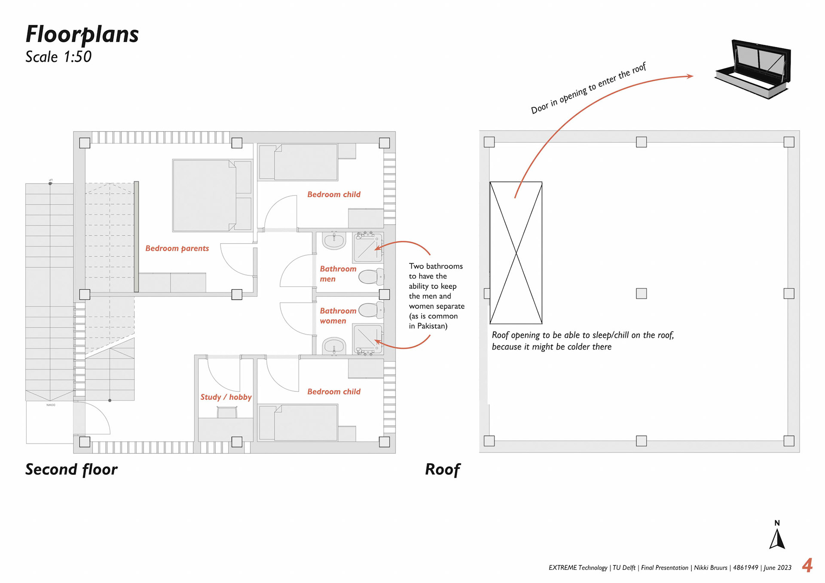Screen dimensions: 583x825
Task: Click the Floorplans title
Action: click(82, 34)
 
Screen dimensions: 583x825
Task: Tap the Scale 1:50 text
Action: click(58, 57)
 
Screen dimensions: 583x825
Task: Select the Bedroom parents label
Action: click(177, 248)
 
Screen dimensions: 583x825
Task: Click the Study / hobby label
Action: click(226, 397)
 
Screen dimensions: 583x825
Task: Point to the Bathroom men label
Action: click(338, 274)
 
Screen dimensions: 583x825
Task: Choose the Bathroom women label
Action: click(338, 316)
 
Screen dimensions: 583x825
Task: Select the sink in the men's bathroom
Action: click(334, 241)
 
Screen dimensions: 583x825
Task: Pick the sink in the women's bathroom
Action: click(334, 346)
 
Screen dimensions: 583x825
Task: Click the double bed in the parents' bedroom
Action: click(211, 195)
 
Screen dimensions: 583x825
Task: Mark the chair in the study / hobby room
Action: click(227, 412)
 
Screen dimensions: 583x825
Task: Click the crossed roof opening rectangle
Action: click(516, 253)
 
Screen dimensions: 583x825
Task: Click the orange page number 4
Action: click(807, 565)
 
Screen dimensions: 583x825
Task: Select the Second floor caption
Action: click(71, 469)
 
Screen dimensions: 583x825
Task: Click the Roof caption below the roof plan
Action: click(443, 470)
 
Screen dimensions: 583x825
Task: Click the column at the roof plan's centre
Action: click(641, 293)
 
